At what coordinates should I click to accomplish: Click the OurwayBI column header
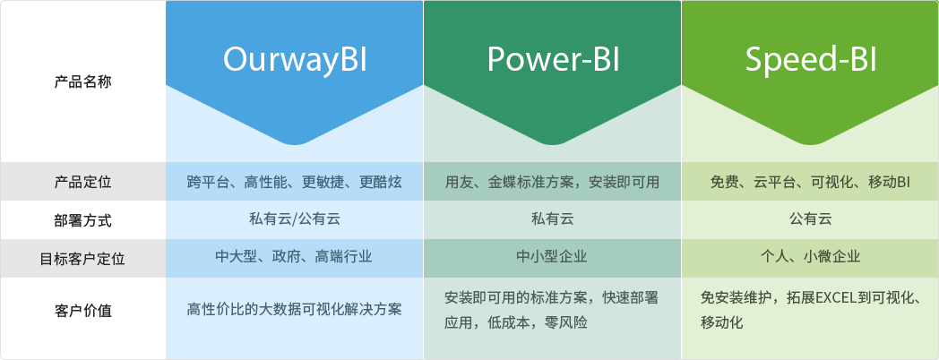click(295, 59)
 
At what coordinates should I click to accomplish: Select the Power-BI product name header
click(553, 59)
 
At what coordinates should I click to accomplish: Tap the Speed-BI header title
click(810, 59)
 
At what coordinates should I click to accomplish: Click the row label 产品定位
click(82, 183)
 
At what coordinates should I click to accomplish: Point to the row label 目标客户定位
click(82, 259)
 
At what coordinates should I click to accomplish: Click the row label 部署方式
click(82, 220)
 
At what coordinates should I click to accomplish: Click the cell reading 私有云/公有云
click(295, 219)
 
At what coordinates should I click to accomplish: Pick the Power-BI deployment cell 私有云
click(552, 219)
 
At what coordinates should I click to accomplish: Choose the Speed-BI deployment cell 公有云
click(810, 219)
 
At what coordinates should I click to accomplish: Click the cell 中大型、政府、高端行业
click(295, 257)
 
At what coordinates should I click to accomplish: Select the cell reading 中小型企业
click(552, 257)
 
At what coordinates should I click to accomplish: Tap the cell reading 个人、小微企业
click(810, 257)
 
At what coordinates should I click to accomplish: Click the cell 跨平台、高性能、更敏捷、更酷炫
click(295, 182)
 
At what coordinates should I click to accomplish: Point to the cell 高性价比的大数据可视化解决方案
click(295, 309)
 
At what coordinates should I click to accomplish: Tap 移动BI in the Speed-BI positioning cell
click(889, 182)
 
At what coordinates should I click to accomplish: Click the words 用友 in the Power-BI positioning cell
click(460, 182)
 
